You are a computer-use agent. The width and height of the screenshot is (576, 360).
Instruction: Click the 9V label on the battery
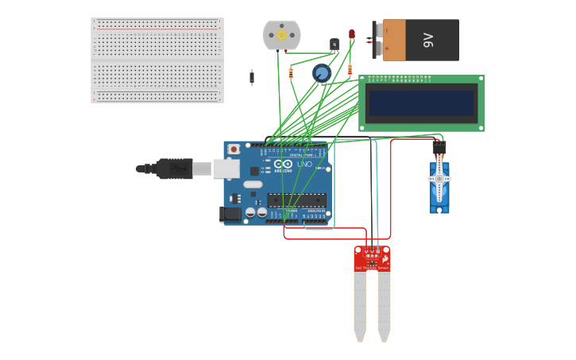click(428, 41)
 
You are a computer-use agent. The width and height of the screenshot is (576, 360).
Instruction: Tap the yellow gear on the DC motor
click(280, 35)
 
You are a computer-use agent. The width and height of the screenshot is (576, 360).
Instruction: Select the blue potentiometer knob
click(322, 73)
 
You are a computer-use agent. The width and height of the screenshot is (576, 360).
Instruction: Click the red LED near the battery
click(352, 35)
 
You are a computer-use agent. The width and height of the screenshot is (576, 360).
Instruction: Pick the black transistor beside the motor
click(334, 45)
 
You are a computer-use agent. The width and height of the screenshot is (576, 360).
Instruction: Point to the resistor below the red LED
click(350, 70)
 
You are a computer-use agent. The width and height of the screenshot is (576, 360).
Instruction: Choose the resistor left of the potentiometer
click(291, 73)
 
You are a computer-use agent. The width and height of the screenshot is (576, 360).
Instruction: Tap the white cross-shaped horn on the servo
click(439, 180)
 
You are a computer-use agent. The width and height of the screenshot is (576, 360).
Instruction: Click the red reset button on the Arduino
click(234, 149)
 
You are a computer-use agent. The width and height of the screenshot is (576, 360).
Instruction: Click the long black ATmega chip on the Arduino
click(296, 200)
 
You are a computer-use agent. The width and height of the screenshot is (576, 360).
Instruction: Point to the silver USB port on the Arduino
click(226, 168)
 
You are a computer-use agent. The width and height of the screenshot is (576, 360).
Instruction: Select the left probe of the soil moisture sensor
click(360, 306)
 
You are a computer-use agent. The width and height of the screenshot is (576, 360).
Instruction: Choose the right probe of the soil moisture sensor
click(384, 306)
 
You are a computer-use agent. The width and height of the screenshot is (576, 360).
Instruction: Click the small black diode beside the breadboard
click(252, 77)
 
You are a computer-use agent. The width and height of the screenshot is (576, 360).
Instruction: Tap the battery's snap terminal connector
click(377, 41)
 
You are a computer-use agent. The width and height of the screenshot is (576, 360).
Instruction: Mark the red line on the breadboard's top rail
click(157, 29)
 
